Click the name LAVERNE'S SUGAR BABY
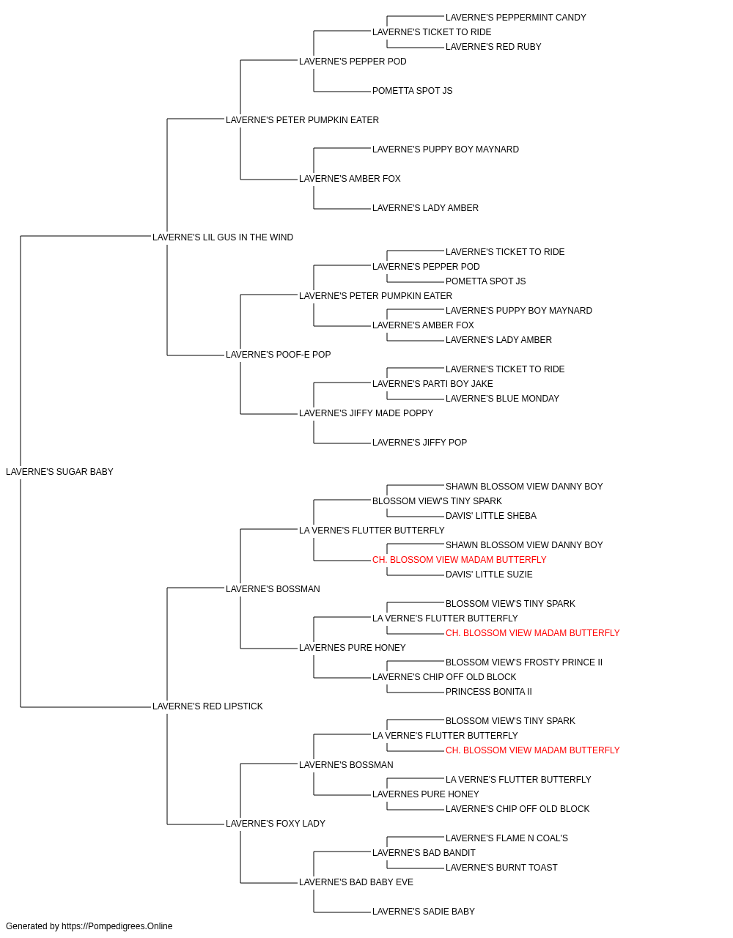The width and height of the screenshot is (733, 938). click(59, 472)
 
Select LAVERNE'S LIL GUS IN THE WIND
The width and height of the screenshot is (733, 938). click(223, 237)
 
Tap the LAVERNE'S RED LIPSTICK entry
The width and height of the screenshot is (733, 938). click(207, 706)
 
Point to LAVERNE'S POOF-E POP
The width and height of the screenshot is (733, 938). click(279, 355)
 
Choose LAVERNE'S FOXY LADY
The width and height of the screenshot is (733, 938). click(276, 824)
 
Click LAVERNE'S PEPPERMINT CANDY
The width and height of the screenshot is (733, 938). click(516, 18)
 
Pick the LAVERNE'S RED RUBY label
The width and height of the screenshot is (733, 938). click(493, 47)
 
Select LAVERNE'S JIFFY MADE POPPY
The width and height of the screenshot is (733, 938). click(366, 413)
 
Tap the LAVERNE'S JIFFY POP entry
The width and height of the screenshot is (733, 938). click(419, 443)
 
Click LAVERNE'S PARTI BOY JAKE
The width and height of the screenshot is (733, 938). click(432, 384)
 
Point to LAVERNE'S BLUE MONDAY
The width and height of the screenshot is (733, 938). click(503, 399)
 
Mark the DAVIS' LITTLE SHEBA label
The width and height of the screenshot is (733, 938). click(491, 516)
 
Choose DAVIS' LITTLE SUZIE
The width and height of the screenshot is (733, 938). click(489, 575)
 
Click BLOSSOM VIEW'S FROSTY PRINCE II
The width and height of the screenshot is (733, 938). click(524, 662)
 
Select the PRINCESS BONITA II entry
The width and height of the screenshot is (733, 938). click(489, 692)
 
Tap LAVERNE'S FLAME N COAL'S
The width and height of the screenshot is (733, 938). click(507, 838)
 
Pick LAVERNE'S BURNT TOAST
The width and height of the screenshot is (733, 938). click(501, 868)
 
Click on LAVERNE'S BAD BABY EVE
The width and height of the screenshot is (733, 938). click(356, 882)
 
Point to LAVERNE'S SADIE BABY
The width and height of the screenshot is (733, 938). click(424, 912)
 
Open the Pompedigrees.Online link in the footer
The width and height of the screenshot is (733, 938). click(117, 926)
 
